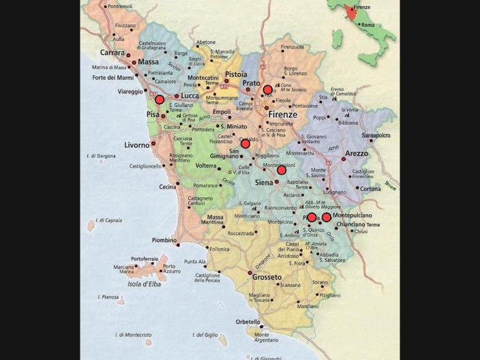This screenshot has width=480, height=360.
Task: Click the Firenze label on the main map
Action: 282,114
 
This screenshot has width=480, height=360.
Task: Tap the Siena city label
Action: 262,182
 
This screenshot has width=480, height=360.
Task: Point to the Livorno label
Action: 136,145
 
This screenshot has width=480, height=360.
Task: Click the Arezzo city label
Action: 357,153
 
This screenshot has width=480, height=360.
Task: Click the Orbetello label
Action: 248,321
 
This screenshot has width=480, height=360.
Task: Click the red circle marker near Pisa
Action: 160,100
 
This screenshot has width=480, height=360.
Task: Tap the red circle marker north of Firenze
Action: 268,89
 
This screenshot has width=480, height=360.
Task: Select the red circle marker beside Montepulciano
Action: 327,217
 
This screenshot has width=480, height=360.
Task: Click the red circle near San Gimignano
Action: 245,144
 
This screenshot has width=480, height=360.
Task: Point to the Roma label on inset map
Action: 367,25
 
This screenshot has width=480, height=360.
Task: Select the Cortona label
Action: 370,188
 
